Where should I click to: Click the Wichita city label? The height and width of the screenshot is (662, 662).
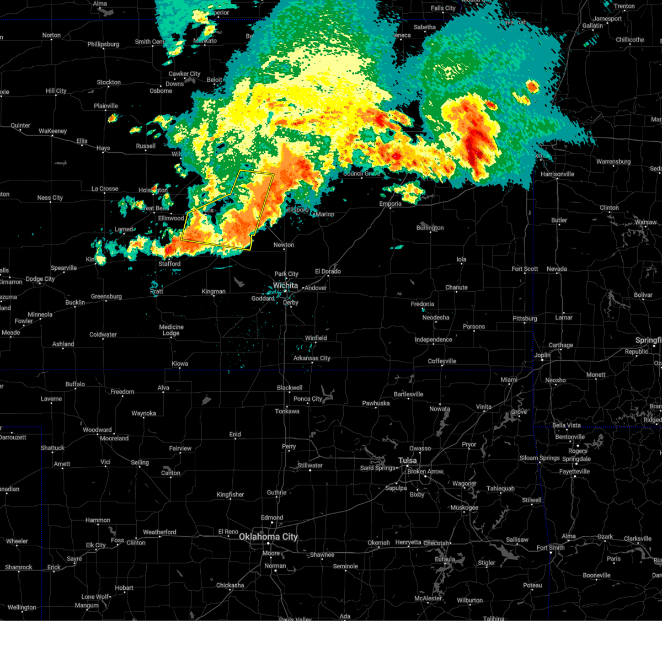click(x=285, y=285)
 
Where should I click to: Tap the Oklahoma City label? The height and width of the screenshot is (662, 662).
click(x=268, y=536)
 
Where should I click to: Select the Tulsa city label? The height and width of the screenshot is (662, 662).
click(x=408, y=460)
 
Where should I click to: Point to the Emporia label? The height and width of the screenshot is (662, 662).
click(x=390, y=204)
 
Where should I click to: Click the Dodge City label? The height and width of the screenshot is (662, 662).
click(x=41, y=279)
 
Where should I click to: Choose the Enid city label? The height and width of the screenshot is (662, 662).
click(x=235, y=434)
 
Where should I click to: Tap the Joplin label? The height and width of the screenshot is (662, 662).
click(x=542, y=355)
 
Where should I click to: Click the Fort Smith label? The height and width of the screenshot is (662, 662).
click(x=551, y=548)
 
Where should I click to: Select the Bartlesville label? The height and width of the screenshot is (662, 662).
click(x=408, y=394)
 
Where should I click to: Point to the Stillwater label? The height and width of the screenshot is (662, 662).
click(x=310, y=465)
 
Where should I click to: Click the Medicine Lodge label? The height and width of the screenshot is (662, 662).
click(x=171, y=330)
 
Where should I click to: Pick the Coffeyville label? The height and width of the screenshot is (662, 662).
click(x=442, y=361)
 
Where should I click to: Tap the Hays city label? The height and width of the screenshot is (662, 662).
click(x=103, y=148)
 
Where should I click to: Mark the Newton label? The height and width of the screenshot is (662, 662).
click(x=284, y=245)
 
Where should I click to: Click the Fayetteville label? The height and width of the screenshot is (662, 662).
click(x=574, y=472)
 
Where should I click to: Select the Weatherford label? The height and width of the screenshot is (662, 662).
click(x=159, y=532)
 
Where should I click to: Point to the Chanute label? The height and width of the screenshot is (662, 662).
click(x=456, y=287)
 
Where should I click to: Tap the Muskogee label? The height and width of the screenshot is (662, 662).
click(x=464, y=508)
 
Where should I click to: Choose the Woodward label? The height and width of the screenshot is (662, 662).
click(x=97, y=430)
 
